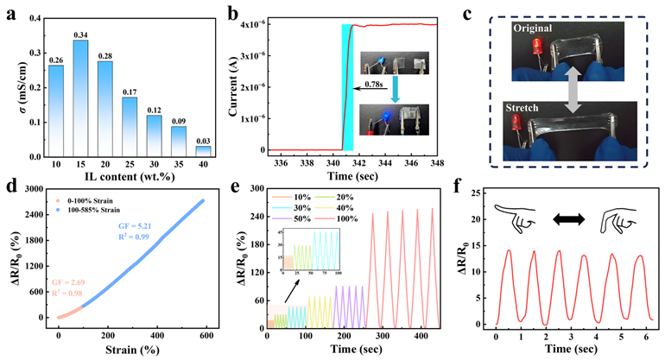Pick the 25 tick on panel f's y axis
click(478, 195)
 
